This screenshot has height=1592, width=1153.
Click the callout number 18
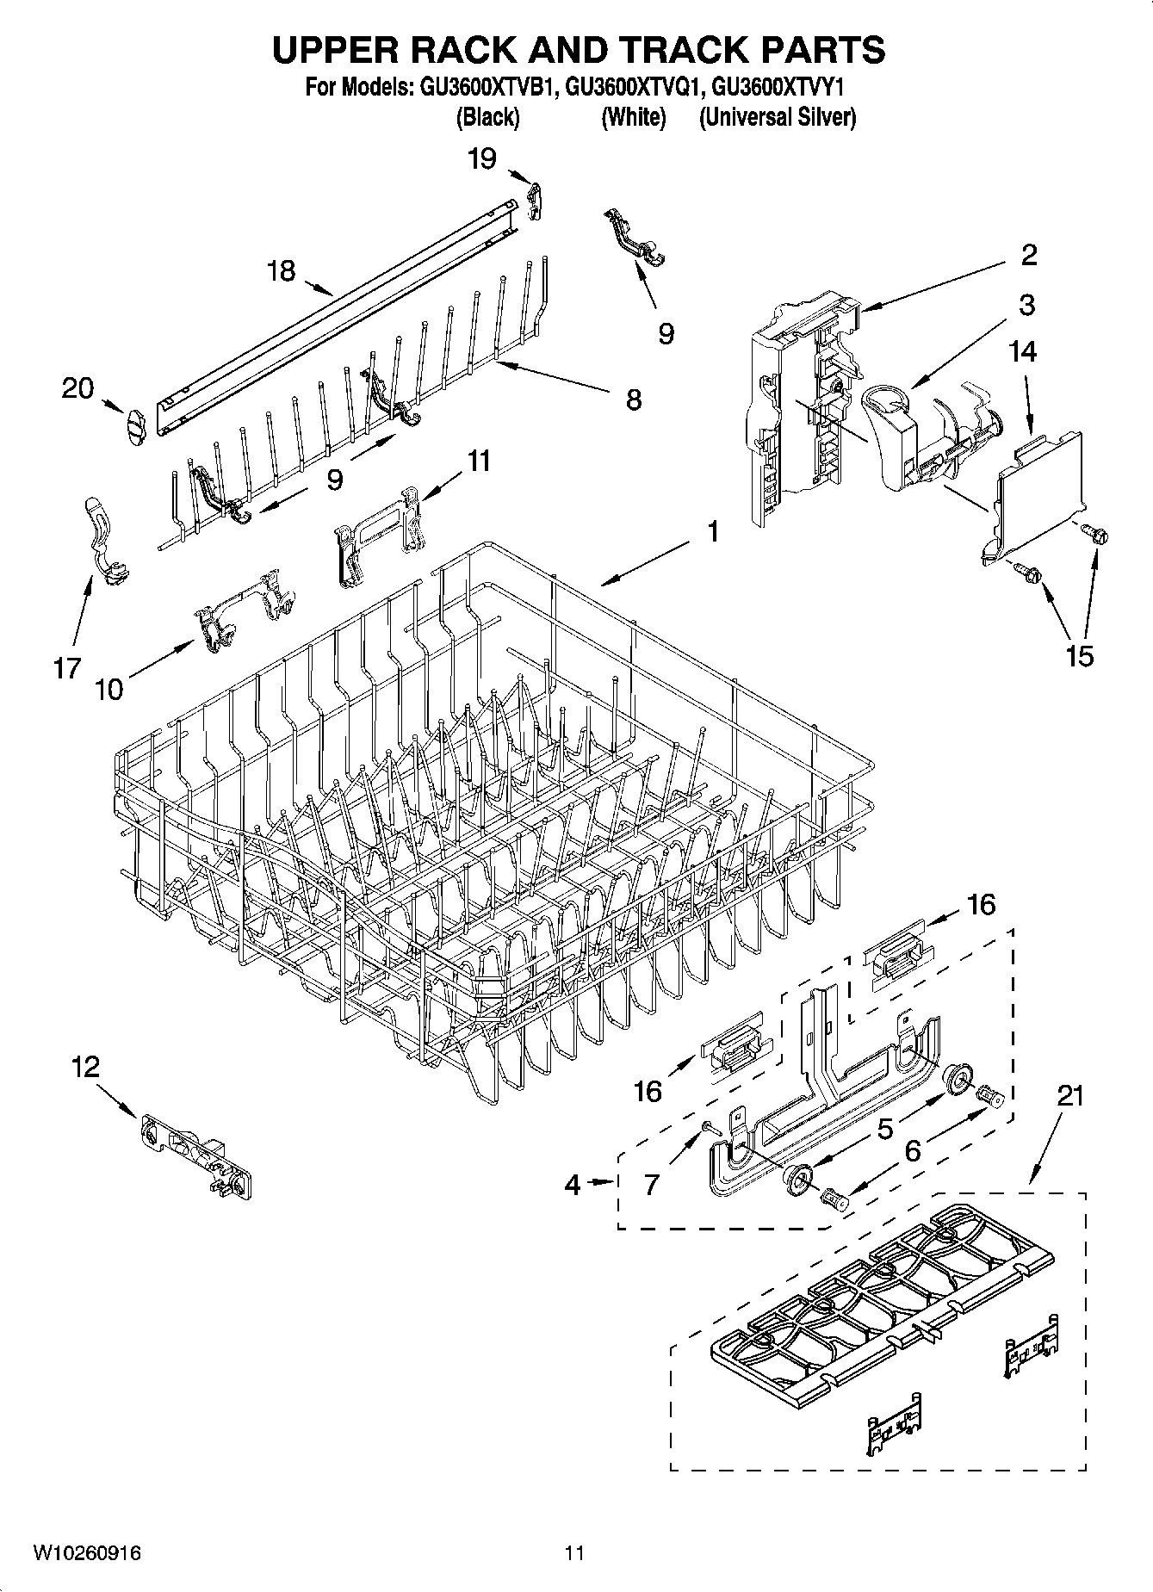281,271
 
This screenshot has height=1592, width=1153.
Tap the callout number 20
77,389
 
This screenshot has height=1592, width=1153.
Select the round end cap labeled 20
132,427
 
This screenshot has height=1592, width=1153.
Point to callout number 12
85,1068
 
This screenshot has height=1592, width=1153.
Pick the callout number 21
1069,1096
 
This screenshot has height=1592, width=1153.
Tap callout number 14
1023,351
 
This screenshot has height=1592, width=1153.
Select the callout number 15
1079,655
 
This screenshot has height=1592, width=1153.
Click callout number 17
67,667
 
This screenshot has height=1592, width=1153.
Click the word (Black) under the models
487,117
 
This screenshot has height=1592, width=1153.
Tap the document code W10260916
87,1552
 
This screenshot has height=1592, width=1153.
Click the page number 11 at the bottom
575,1552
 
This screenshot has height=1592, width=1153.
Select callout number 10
109,689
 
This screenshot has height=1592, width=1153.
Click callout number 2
1028,254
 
